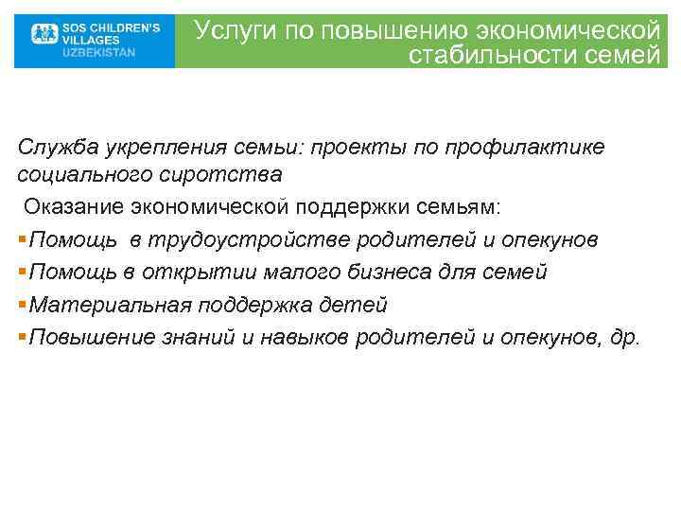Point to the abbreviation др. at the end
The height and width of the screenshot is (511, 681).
626,338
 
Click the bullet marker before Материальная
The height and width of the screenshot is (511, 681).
22,306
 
